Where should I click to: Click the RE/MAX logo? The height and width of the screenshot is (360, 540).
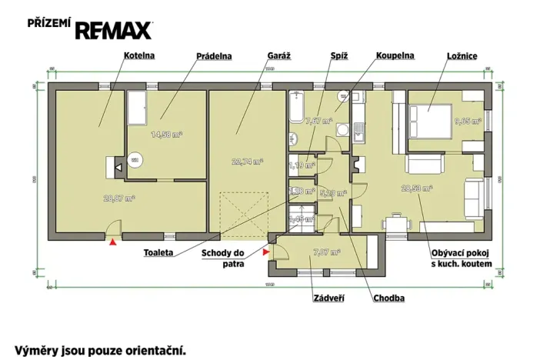click(x=112, y=28)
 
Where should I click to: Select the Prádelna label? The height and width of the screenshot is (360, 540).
click(x=215, y=56)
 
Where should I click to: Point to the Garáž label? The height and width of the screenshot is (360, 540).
click(x=278, y=56)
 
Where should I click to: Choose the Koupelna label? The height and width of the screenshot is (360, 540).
click(x=395, y=56)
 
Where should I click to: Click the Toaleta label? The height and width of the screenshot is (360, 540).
click(x=158, y=252)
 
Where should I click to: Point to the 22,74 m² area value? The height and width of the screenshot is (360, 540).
click(x=247, y=162)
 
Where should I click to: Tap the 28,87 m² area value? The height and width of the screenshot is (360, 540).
click(x=119, y=197)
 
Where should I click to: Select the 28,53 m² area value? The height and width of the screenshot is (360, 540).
click(x=416, y=188)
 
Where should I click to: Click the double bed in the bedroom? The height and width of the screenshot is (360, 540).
click(x=425, y=119)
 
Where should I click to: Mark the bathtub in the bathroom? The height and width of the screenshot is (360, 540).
click(x=298, y=108)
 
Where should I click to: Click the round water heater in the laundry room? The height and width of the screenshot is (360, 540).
click(x=135, y=159)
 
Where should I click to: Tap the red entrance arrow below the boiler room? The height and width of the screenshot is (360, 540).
click(x=113, y=242)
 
